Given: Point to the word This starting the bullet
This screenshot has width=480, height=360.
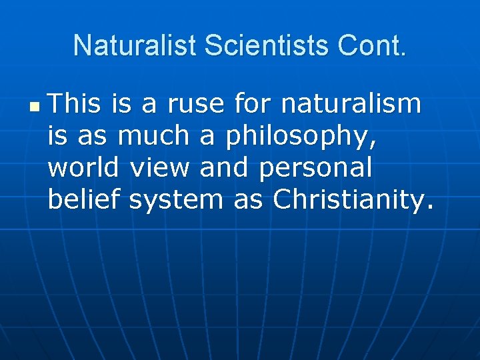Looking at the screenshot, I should [x=75, y=104].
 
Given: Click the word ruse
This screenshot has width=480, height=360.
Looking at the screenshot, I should [x=195, y=104].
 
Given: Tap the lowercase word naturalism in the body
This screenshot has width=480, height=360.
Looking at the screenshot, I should [x=351, y=104].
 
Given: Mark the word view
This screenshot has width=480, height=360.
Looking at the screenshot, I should [x=159, y=167].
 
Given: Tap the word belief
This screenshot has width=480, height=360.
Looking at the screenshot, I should [x=84, y=199].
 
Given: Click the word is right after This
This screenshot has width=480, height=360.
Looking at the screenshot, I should [x=121, y=104].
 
